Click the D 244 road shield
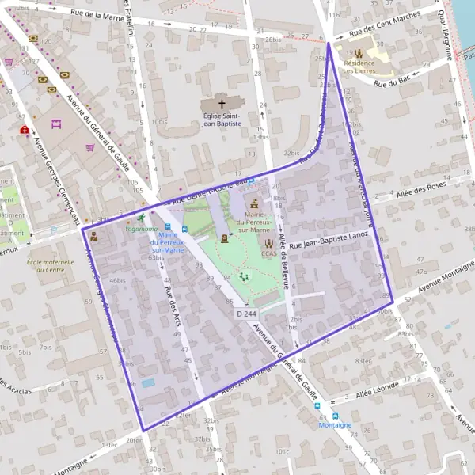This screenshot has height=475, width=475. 246,314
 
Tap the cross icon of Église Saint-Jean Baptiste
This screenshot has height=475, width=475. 222,104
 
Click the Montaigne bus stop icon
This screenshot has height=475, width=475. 335,416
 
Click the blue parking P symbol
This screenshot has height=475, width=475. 251,181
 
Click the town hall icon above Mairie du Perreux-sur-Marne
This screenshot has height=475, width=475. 254,203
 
